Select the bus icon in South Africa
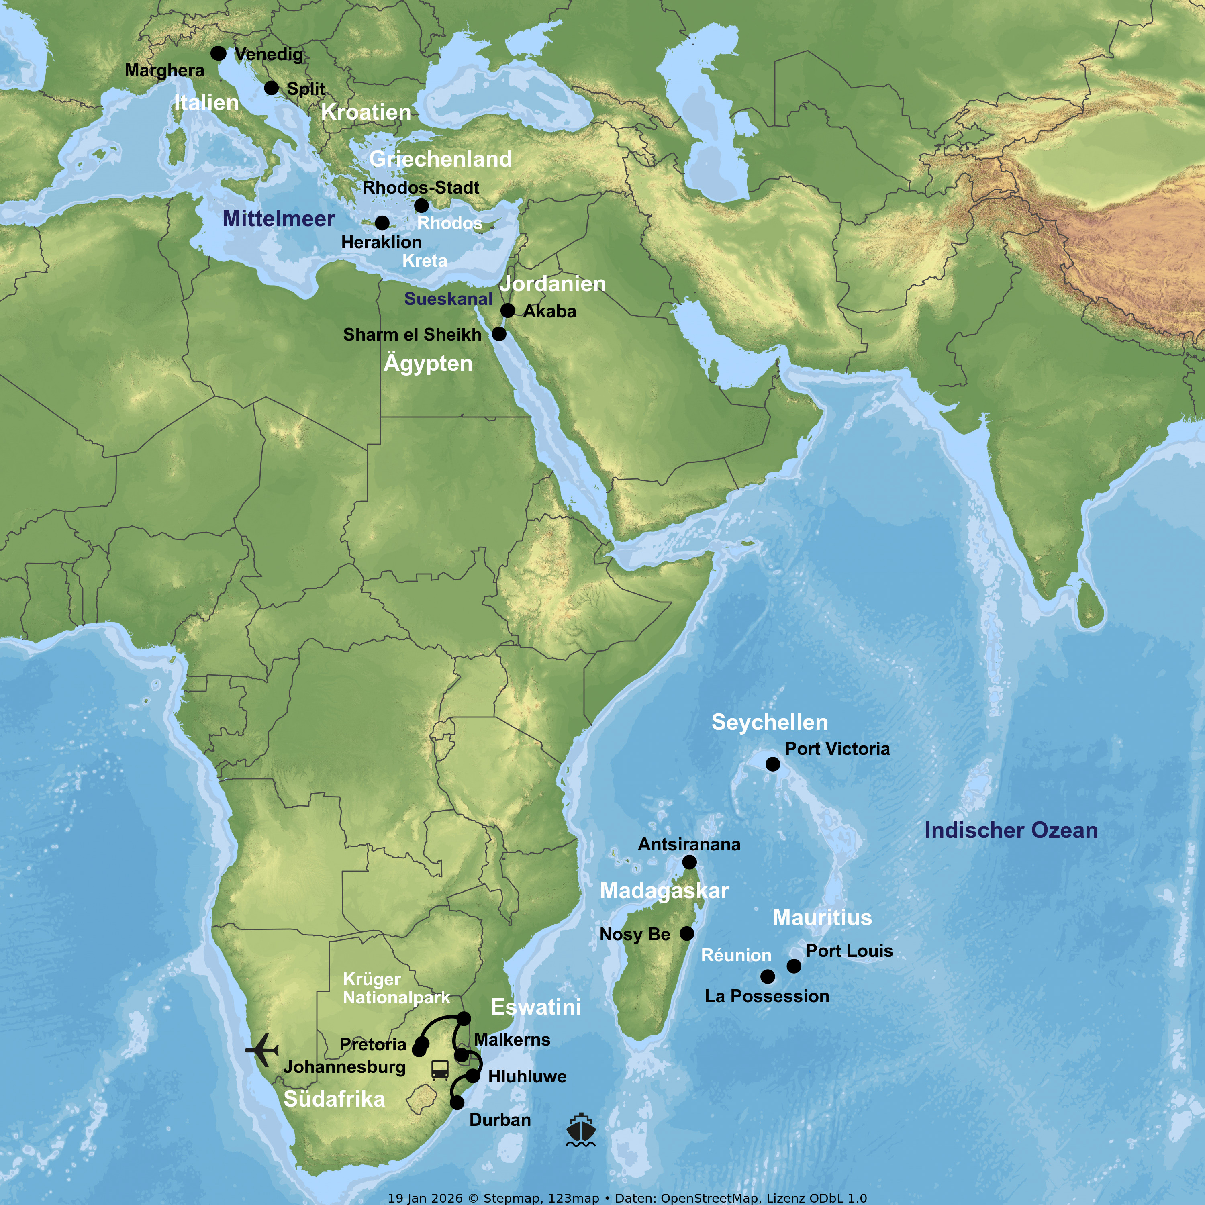coord(440,1070)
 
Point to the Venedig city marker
coord(218,54)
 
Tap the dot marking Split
coord(271,88)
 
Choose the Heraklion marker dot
coord(382,223)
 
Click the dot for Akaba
coord(508,310)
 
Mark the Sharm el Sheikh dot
coord(499,334)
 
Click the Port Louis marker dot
coord(794,966)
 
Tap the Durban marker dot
coord(457,1103)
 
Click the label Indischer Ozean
coord(1011,831)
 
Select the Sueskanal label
coord(448,299)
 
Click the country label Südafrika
coord(334,1099)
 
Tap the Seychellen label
coord(770,722)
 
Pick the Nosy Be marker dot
coord(687,934)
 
